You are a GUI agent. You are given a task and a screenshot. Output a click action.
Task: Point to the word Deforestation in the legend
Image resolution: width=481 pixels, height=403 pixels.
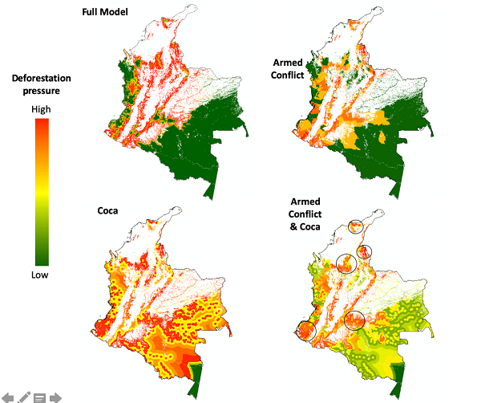coord(41,77)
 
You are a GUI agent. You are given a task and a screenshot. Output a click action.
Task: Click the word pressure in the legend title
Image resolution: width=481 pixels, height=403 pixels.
coord(41,91)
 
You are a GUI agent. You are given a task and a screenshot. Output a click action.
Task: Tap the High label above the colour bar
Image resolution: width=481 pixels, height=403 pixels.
coord(41,109)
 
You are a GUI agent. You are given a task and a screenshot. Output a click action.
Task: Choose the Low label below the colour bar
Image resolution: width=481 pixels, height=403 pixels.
coord(40,275)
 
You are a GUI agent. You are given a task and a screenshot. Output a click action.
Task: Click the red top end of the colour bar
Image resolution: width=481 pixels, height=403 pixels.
coord(42,123)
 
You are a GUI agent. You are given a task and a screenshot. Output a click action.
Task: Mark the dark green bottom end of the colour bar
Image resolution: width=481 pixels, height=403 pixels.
coord(42,258)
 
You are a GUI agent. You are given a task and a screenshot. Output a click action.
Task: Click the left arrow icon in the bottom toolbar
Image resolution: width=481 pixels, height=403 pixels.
coord(9,397)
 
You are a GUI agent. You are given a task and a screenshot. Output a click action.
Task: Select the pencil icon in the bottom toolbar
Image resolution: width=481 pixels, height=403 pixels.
coord(24,397)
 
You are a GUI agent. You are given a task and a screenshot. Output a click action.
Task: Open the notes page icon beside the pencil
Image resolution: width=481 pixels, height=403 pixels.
coord(39,397)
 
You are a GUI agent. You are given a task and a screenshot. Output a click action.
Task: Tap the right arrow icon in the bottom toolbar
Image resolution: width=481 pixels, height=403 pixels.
coord(55,397)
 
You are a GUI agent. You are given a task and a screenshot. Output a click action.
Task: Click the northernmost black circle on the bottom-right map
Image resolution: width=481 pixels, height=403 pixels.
coord(356,230)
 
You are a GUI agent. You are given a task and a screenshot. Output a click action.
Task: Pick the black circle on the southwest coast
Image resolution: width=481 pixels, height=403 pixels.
coord(307,331)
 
